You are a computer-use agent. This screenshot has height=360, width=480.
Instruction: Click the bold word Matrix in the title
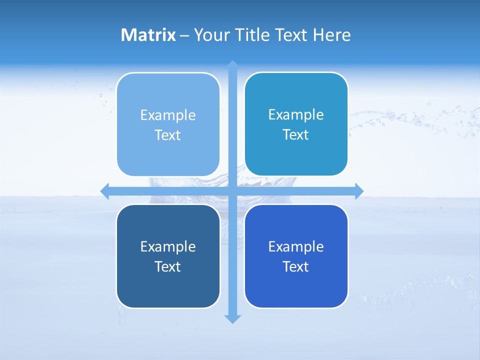click(x=148, y=35)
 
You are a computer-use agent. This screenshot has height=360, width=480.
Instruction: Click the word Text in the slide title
click(x=291, y=35)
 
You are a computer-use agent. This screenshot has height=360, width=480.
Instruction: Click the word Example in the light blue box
click(x=168, y=115)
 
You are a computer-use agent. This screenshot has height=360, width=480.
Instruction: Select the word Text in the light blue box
click(x=168, y=135)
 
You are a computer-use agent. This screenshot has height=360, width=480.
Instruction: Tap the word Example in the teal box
click(x=296, y=115)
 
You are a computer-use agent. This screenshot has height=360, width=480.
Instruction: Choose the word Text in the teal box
click(x=296, y=135)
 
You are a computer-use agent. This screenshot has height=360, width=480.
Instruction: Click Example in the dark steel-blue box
click(x=168, y=247)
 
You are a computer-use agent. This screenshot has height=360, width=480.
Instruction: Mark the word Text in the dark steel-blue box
click(x=168, y=267)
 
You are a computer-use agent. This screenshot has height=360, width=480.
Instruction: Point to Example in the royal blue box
click(x=296, y=247)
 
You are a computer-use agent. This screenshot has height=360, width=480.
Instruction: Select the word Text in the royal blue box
click(x=296, y=267)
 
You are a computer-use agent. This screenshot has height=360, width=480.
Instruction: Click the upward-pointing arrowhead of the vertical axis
click(x=232, y=64)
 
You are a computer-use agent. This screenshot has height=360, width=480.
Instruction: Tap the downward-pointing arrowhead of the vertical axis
click(x=232, y=319)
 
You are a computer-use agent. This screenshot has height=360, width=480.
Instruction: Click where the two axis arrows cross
click(x=232, y=191)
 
